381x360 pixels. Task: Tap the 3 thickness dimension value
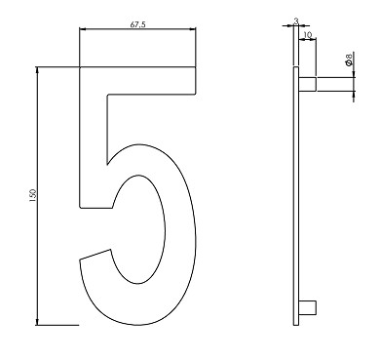pos(294,18)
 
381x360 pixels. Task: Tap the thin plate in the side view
pos(294,195)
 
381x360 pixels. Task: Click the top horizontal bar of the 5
pos(137,80)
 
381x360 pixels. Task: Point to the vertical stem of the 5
pos(94,146)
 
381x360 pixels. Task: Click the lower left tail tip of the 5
pos(82,258)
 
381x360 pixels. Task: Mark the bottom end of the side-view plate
pos(294,323)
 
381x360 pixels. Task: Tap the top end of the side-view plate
pos(294,67)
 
